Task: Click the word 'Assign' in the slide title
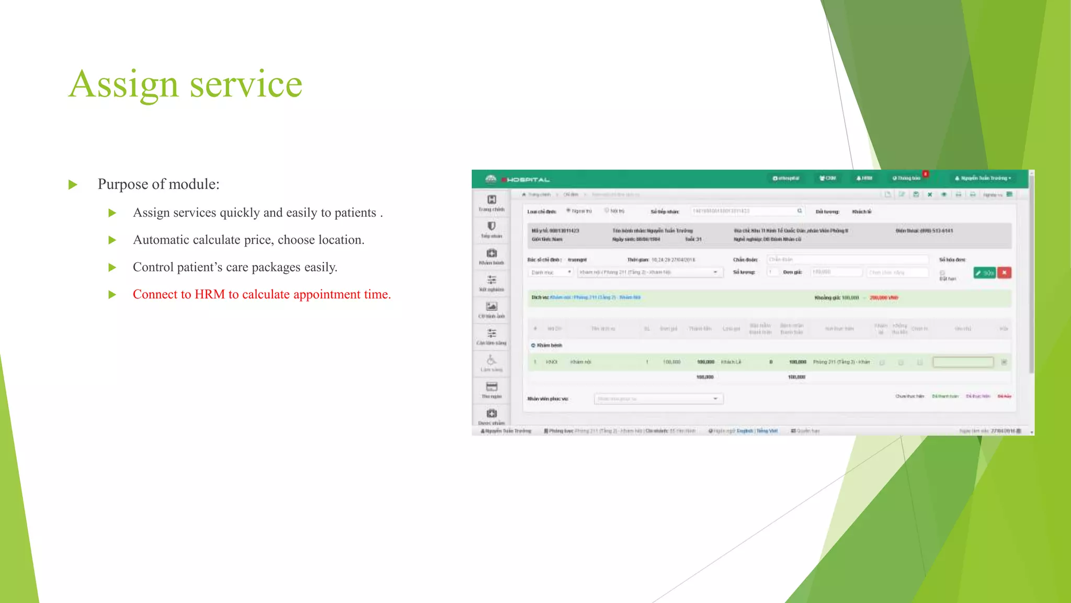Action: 123,84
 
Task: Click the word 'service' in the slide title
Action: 246,84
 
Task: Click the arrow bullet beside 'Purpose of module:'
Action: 73,185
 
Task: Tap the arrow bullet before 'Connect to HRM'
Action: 112,295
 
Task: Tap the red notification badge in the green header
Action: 925,174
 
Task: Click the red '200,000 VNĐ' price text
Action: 884,298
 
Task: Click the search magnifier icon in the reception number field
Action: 800,211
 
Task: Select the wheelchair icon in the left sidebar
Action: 491,360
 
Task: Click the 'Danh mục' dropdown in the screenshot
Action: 551,272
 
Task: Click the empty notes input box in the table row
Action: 963,362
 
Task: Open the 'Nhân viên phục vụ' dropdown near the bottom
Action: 658,399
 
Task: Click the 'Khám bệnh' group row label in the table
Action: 549,345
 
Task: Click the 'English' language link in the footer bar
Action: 745,431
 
